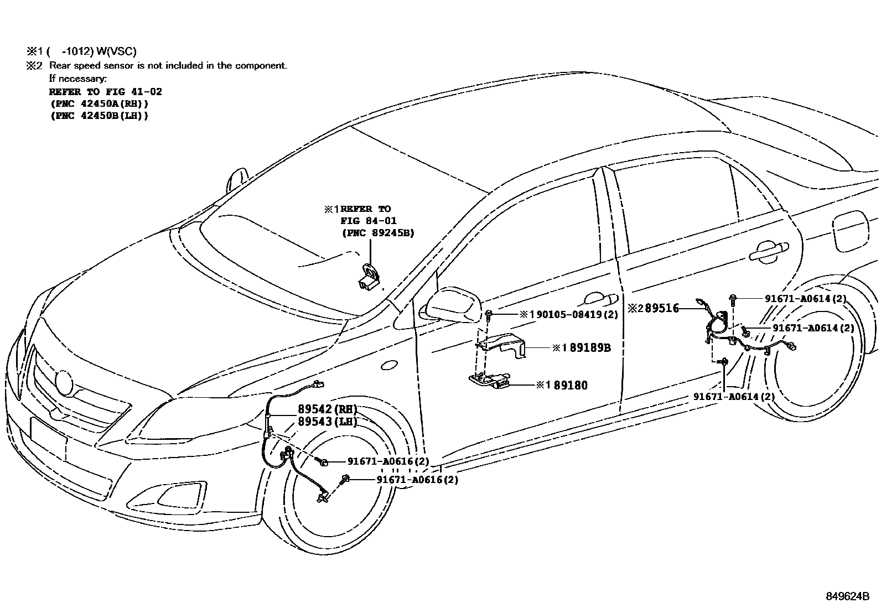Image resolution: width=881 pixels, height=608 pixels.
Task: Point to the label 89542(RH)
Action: point(327,409)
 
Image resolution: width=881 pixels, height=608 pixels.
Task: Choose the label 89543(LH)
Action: point(327,422)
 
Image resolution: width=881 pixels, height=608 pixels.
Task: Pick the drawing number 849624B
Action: point(848,596)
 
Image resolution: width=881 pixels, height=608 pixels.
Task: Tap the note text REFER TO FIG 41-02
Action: point(105,91)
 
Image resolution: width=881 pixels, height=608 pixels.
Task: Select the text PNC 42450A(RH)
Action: point(99,103)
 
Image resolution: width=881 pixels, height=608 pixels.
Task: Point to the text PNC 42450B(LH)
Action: point(99,116)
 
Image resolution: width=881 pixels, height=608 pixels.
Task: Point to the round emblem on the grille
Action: point(64,383)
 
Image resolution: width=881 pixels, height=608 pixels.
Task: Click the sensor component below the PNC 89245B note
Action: point(367,278)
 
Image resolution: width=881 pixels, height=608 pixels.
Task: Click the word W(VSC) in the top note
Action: point(116,51)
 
